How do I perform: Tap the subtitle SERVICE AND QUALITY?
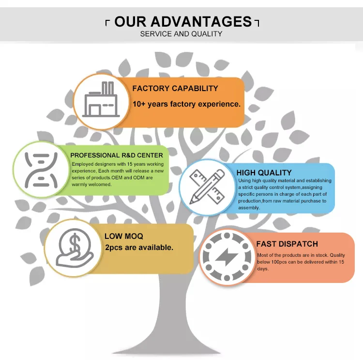click(x=181, y=34)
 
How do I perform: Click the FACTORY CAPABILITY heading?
click(x=175, y=89)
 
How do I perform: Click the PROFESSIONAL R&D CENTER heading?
click(x=117, y=156)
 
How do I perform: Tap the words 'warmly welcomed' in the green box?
click(x=91, y=184)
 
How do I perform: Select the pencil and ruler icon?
click(x=207, y=187)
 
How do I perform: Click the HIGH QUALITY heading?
click(x=264, y=172)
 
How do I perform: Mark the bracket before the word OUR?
click(x=107, y=23)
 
